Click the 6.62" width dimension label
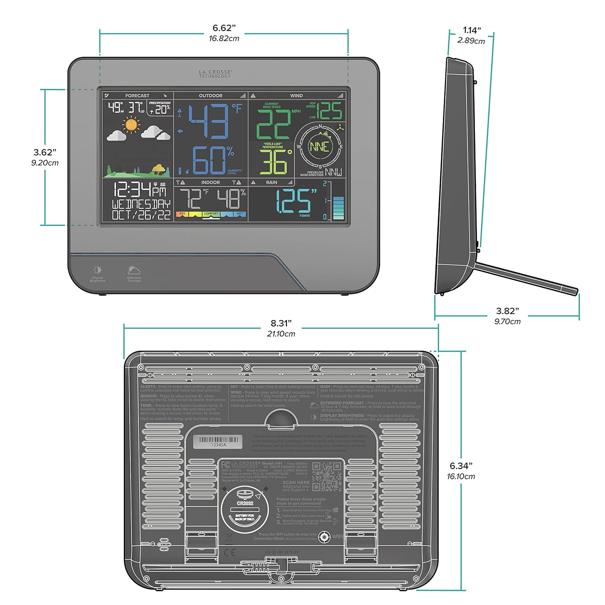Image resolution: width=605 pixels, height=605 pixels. click(x=224, y=28)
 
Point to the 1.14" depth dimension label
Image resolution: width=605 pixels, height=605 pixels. click(x=471, y=31)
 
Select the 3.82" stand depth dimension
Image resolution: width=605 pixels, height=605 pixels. click(x=507, y=311)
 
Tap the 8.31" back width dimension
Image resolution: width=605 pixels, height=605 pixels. click(x=281, y=324)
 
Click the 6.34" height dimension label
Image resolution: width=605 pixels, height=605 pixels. click(x=461, y=466)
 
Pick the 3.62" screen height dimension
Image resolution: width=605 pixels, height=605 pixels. click(x=45, y=152)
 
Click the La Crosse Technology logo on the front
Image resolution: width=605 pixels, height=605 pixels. click(x=215, y=74)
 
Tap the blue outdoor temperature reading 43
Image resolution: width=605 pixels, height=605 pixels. click(x=209, y=121)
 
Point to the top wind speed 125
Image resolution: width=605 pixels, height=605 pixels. click(x=330, y=111)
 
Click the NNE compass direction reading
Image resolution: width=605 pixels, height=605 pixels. click(x=320, y=147)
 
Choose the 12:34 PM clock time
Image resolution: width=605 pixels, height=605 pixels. click(x=139, y=190)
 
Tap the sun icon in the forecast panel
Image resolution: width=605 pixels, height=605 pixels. click(x=131, y=124)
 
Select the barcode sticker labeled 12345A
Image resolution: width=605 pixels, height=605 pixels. click(x=218, y=442)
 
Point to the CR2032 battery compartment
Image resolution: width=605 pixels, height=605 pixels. click(x=245, y=509)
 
